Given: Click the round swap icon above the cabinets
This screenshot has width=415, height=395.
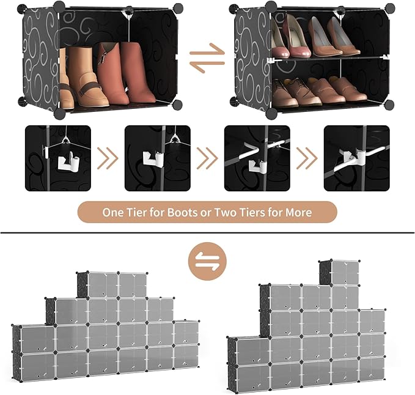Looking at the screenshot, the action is [x=207, y=261].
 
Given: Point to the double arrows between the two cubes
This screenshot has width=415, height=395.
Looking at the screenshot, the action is [x=207, y=57].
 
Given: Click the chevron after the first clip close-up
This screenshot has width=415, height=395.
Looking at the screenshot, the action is [x=108, y=158].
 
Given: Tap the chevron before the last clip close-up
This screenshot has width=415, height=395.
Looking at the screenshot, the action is [x=307, y=158].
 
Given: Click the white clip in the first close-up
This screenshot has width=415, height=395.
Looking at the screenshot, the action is [x=68, y=161].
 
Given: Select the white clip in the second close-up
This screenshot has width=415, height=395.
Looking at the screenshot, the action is [x=154, y=160].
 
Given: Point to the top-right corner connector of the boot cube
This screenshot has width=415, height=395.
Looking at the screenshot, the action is [x=178, y=8].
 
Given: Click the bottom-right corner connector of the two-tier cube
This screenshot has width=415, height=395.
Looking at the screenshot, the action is [x=389, y=105].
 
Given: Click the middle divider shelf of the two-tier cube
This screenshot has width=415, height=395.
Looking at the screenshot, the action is [x=328, y=58].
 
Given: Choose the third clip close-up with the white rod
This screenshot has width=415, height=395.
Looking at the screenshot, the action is [x=257, y=158].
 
